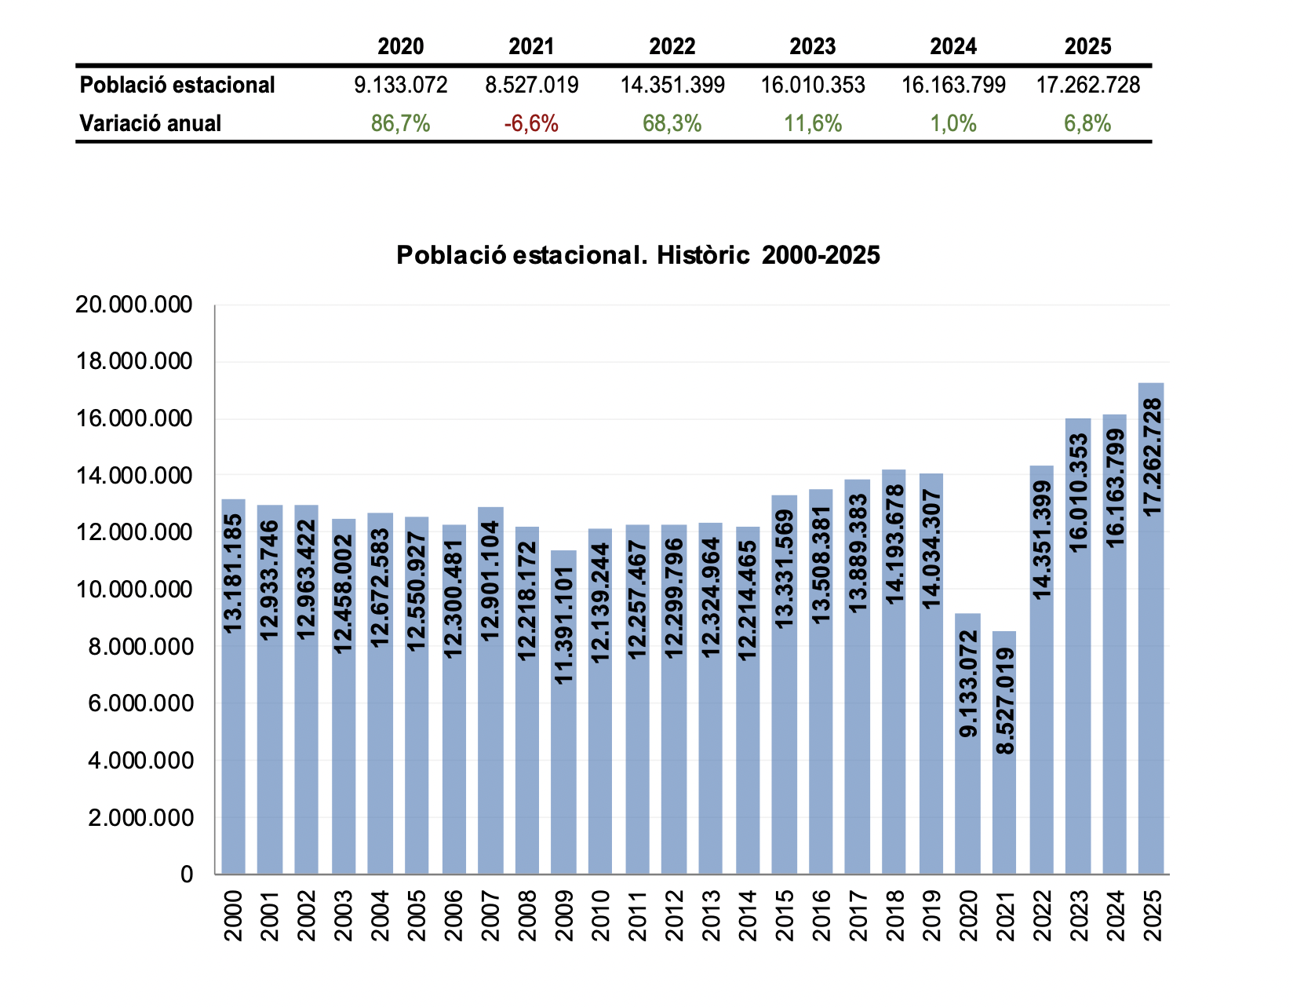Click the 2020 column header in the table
[x=401, y=46]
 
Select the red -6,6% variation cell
[x=531, y=123]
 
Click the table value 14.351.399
[x=672, y=85]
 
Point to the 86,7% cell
[x=401, y=123]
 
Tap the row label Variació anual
[x=151, y=123]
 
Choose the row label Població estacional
[x=177, y=85]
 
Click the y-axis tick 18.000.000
[x=133, y=362]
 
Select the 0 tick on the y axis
[x=186, y=874]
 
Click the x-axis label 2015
[x=785, y=915]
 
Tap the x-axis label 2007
[x=490, y=915]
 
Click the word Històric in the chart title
[x=703, y=255]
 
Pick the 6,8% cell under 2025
[x=1087, y=123]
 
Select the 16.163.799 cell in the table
[x=953, y=85]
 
